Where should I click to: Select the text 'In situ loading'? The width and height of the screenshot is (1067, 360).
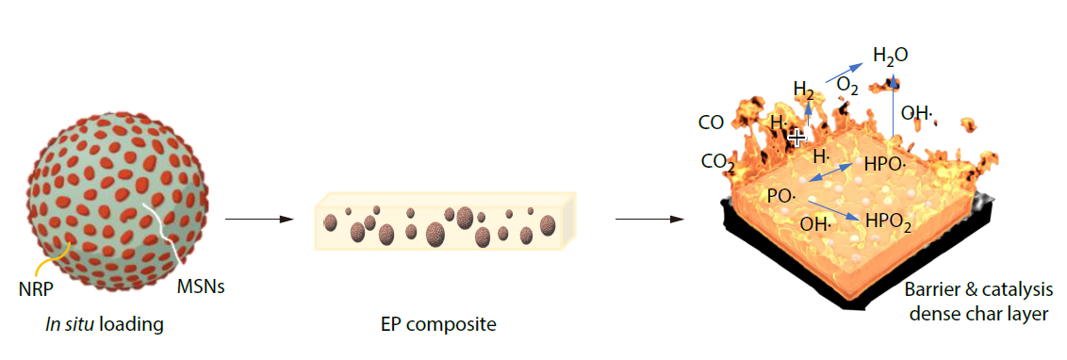coord(105,325)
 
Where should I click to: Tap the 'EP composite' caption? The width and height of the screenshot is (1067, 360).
coord(439,325)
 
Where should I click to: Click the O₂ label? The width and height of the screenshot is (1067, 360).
coord(847,86)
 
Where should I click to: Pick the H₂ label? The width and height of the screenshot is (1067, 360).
coord(804,91)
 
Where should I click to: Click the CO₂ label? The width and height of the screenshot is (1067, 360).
coord(717,162)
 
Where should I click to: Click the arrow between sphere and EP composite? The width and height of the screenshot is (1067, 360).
coord(254,220)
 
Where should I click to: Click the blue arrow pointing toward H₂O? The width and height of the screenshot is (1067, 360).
coord(843,72)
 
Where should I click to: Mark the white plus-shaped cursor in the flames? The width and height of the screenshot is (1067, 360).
coord(796,138)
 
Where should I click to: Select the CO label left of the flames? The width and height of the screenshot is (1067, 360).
coord(711,123)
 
